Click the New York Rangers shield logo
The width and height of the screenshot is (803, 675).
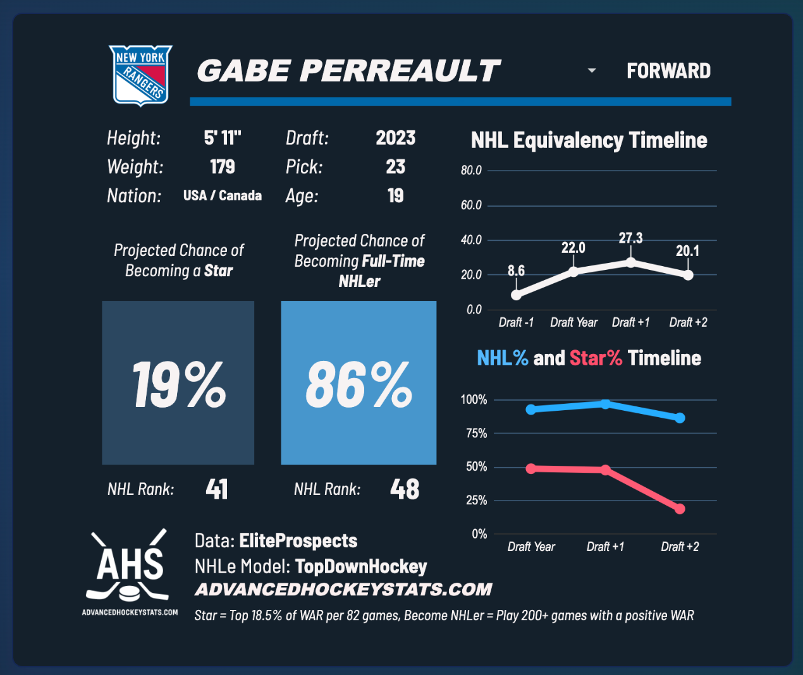tap(140, 75)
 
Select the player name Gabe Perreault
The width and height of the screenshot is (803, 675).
tap(348, 71)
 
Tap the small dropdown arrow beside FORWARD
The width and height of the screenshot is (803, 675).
tap(592, 70)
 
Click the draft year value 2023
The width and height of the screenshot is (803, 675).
tap(395, 138)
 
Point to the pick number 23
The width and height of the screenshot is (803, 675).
tap(395, 167)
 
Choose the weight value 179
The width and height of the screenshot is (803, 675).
tap(222, 167)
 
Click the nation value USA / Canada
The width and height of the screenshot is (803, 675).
tap(222, 196)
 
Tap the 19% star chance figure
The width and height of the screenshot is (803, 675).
tap(178, 384)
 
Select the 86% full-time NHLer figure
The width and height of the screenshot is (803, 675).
tap(359, 384)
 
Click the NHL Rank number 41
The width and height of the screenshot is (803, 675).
tap(217, 489)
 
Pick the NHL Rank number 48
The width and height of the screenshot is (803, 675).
tap(405, 489)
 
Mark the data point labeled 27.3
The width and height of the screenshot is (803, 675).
tap(630, 262)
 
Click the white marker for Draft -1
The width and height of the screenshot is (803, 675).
tap(516, 295)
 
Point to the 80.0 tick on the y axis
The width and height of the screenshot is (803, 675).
tap(471, 171)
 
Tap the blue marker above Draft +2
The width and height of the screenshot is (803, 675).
tap(680, 418)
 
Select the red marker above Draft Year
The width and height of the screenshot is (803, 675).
tap(531, 468)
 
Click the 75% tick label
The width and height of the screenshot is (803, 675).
tap(474, 434)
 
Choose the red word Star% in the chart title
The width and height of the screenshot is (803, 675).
tap(596, 358)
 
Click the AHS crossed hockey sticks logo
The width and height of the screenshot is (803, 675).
tap(130, 566)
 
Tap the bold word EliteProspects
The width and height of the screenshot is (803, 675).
tap(298, 541)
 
